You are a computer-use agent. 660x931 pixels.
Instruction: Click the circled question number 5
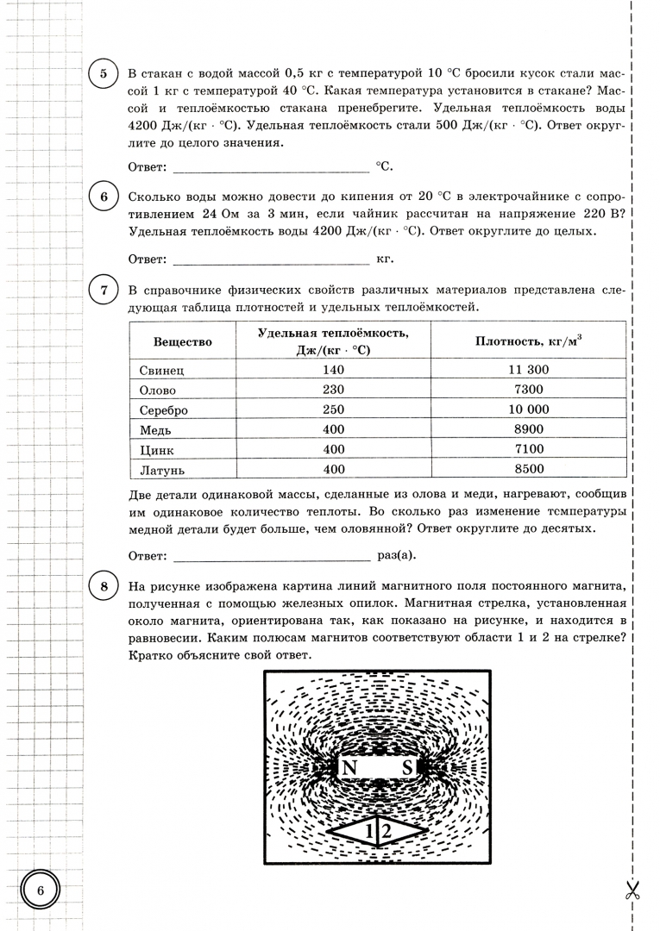point(104,73)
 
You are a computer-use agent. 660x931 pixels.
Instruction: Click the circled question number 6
point(104,197)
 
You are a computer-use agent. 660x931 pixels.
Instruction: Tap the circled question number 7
point(104,290)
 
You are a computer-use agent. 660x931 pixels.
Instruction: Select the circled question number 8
point(104,588)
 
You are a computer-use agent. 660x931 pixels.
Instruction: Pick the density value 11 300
point(528,370)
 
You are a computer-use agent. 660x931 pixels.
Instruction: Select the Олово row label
point(158,390)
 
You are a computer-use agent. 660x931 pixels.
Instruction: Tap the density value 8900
point(528,429)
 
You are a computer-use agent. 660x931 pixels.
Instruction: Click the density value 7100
point(528,449)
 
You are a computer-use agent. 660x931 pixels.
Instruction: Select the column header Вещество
point(183,341)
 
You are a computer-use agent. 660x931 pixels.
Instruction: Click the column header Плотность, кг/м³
point(528,341)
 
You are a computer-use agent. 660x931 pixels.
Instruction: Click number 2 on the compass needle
point(387,831)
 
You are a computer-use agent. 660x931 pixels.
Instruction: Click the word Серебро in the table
point(164,409)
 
